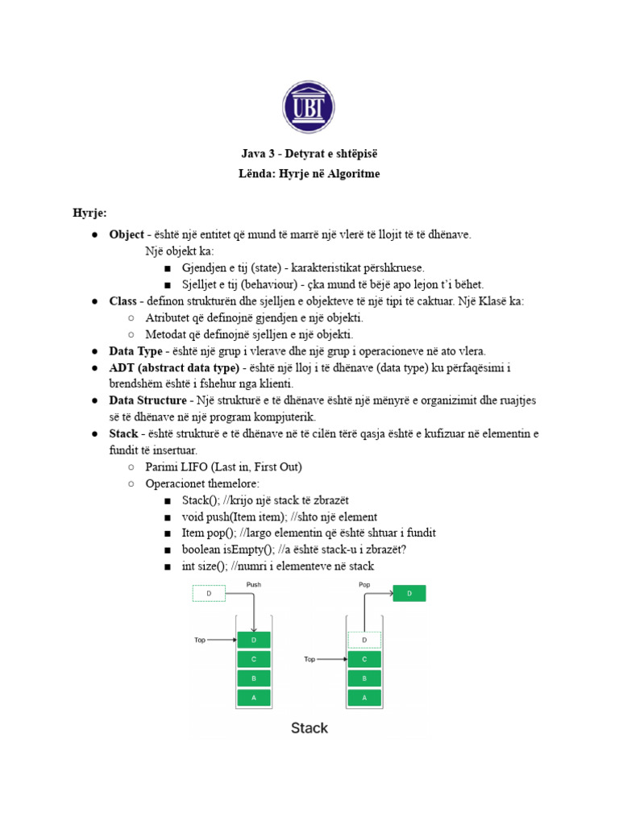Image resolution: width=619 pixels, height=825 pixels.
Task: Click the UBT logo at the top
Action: [308, 107]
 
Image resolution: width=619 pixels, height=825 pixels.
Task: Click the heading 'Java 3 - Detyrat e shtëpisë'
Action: [309, 154]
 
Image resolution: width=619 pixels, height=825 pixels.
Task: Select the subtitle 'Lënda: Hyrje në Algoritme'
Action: [309, 174]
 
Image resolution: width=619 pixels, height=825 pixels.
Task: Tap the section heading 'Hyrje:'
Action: [89, 214]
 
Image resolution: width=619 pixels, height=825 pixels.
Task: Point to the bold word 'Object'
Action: [127, 234]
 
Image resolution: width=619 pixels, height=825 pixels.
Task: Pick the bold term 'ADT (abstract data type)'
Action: [175, 368]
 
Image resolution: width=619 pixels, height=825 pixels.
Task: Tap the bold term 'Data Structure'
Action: [147, 401]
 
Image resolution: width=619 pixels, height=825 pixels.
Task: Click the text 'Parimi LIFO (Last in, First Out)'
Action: [224, 467]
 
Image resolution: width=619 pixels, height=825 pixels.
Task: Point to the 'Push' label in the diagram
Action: [254, 585]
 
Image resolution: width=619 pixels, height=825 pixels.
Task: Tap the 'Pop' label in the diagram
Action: [364, 585]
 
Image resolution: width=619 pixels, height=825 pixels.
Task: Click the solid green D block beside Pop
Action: [409, 595]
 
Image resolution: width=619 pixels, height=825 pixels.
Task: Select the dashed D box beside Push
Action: [209, 595]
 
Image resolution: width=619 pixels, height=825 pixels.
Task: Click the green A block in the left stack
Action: [254, 697]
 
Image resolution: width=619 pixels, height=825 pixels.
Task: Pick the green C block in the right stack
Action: [364, 659]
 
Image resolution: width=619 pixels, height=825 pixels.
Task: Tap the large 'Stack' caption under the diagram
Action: [309, 728]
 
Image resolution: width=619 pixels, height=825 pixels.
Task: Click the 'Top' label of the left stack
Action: [200, 640]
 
